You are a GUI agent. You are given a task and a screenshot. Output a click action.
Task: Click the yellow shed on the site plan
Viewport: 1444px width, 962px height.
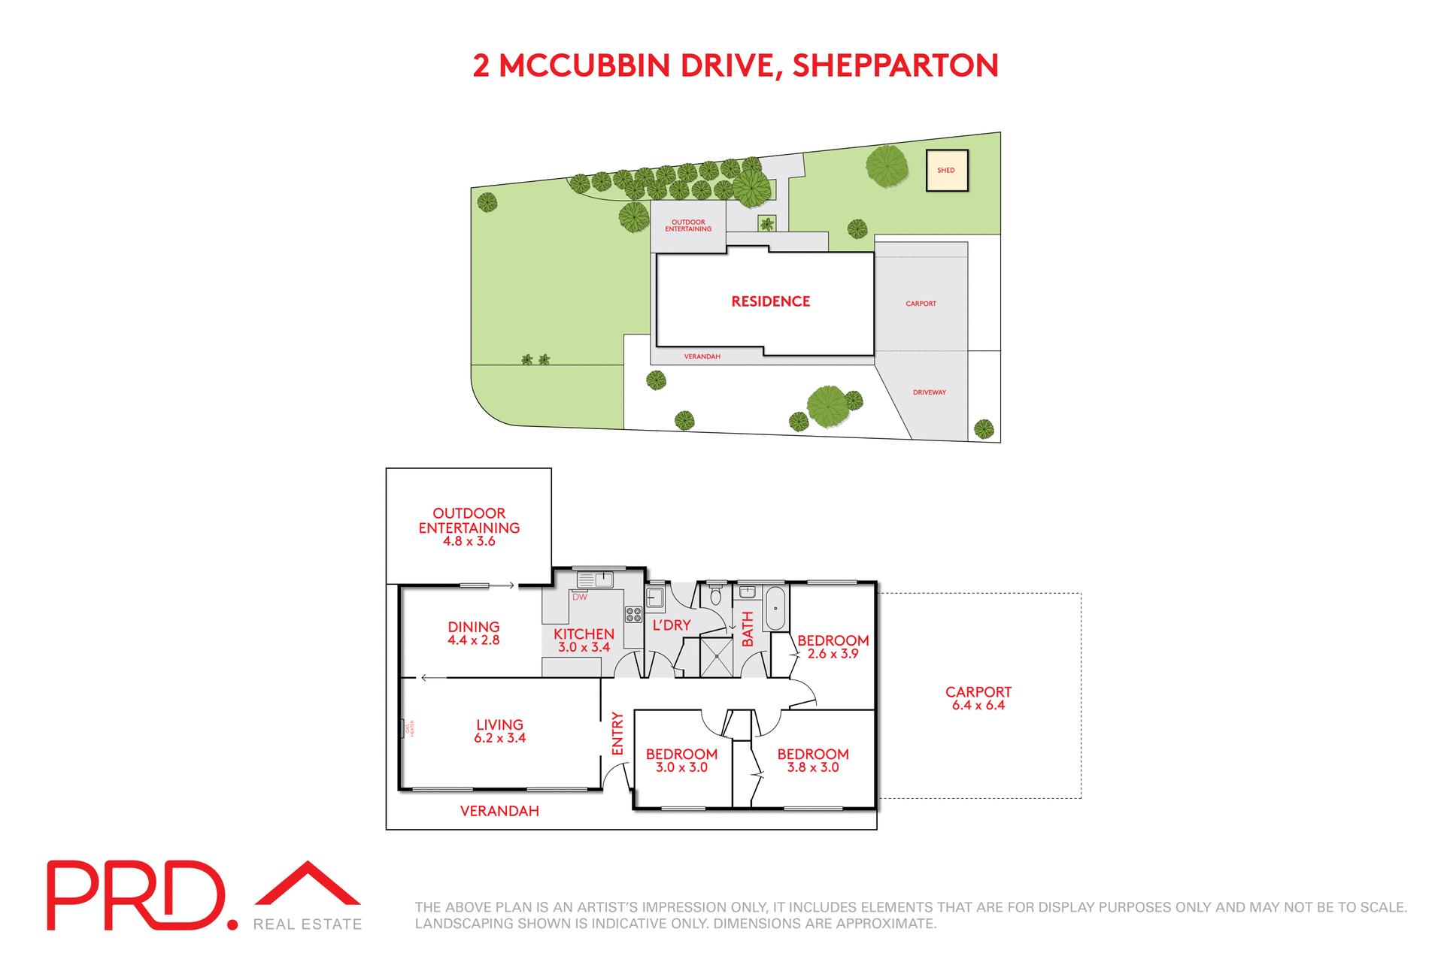click(x=946, y=170)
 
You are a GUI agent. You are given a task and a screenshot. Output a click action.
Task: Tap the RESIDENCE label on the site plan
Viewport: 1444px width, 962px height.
click(x=770, y=301)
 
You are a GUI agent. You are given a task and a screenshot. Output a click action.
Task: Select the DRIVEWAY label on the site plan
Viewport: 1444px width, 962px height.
click(x=929, y=392)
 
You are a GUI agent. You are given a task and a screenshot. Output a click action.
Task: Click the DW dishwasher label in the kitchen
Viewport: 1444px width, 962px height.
click(x=579, y=597)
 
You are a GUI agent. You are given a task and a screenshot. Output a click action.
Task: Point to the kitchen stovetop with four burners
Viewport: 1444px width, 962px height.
click(x=633, y=615)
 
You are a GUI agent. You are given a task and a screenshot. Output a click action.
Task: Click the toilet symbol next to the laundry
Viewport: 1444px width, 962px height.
click(x=715, y=597)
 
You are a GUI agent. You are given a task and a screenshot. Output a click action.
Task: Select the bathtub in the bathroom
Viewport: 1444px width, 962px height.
click(x=775, y=608)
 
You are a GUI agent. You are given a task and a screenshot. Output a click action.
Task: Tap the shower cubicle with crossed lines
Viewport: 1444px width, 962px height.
click(x=716, y=657)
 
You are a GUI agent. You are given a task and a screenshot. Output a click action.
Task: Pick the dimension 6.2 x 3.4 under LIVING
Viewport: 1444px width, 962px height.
click(x=499, y=738)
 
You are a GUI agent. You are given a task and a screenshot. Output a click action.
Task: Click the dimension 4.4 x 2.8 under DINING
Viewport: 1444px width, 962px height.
click(x=473, y=640)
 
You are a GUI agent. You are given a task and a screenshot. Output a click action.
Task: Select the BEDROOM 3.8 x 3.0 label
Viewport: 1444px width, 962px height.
click(x=812, y=760)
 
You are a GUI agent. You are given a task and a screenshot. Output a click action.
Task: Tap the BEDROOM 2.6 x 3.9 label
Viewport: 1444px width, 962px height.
click(x=833, y=646)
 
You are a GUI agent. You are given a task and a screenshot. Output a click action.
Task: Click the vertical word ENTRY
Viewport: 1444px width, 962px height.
click(x=617, y=734)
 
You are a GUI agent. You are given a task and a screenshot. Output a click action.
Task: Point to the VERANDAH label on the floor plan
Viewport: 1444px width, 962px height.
click(x=499, y=811)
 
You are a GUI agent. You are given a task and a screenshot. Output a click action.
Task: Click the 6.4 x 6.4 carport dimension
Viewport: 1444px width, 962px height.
click(x=978, y=705)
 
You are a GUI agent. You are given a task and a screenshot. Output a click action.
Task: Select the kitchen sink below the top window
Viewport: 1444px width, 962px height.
click(x=595, y=579)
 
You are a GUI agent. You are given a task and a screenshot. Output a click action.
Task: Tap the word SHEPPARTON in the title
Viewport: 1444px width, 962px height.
click(x=895, y=65)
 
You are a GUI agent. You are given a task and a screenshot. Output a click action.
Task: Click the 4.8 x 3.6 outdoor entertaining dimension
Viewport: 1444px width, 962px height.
click(x=469, y=541)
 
